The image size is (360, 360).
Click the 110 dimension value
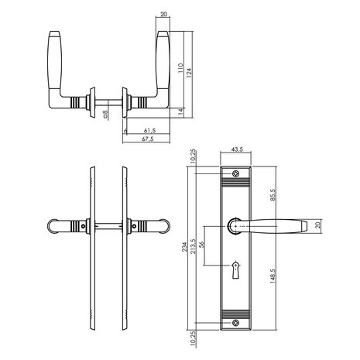(x=180, y=68)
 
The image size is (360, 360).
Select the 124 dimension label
(x=189, y=73)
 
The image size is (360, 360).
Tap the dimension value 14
(x=180, y=111)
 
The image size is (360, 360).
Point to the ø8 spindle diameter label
(x=105, y=115)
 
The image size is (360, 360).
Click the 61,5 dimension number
(x=149, y=131)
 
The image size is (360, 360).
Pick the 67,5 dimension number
(x=147, y=139)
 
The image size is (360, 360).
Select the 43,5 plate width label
(x=237, y=149)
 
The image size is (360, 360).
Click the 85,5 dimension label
(x=273, y=195)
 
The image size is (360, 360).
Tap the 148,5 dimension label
(x=273, y=276)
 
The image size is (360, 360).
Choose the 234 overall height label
(x=184, y=247)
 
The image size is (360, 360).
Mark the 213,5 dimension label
(x=193, y=246)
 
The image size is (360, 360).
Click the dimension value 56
(x=202, y=244)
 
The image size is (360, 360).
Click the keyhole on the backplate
(x=235, y=270)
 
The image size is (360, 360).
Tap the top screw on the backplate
(x=235, y=173)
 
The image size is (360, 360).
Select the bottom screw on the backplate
(x=235, y=323)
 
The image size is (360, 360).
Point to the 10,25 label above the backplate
(x=193, y=156)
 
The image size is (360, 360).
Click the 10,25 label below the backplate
(x=193, y=339)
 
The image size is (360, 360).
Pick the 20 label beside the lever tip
(x=317, y=225)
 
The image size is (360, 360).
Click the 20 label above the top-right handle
(x=164, y=14)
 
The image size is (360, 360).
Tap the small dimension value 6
(x=125, y=131)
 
